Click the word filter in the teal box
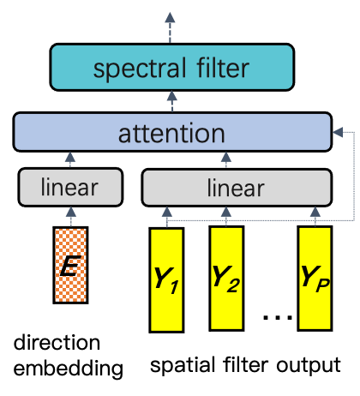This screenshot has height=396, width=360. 222,69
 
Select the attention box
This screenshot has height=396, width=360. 172,133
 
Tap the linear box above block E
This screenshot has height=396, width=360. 69,187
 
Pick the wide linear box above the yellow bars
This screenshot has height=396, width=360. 236,187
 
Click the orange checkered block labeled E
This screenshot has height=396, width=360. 70,265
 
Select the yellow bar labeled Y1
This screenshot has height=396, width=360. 166,279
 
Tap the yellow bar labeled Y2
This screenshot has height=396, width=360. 226,279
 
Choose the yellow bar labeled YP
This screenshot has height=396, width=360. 315,279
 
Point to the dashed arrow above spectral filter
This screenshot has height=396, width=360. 171,27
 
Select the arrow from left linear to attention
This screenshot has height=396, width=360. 70,160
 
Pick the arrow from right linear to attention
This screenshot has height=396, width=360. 226,160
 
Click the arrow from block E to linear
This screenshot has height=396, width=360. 70,216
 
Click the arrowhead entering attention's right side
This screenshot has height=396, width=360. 336,133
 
